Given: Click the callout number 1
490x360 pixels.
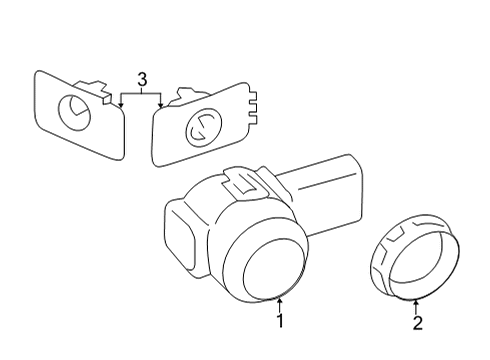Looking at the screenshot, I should click(281, 321).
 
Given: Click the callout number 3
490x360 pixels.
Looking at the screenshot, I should click(141, 78).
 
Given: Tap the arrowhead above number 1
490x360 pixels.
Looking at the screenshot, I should click(281, 299).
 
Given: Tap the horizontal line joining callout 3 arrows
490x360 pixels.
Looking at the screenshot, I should click(141, 93).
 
